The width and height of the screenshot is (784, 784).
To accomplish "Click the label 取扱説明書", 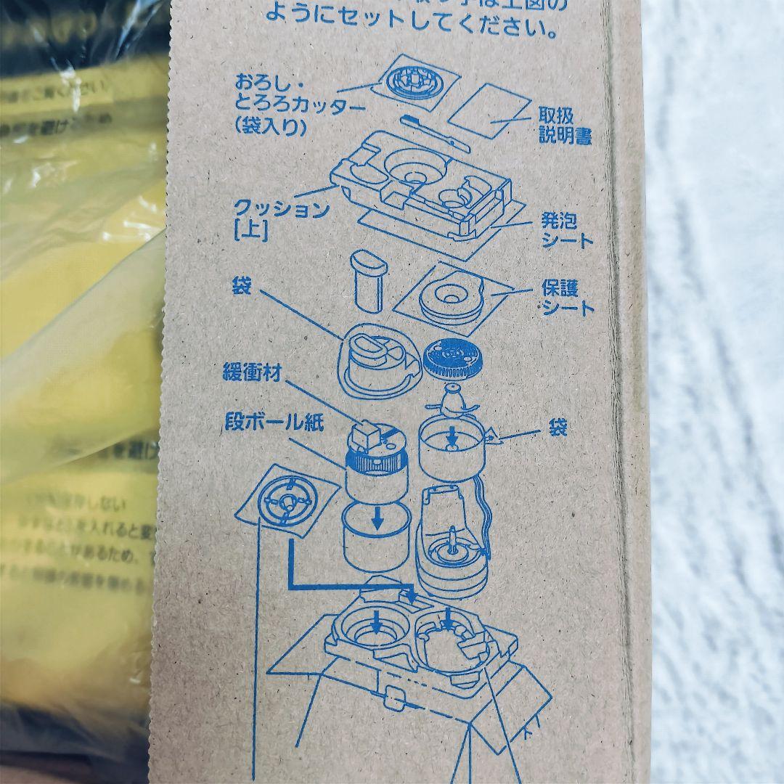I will [565, 125].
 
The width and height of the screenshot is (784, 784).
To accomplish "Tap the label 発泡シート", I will [567, 229].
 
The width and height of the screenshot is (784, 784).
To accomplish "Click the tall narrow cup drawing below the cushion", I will [367, 279].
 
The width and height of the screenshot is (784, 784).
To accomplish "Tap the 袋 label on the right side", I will [558, 428].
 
